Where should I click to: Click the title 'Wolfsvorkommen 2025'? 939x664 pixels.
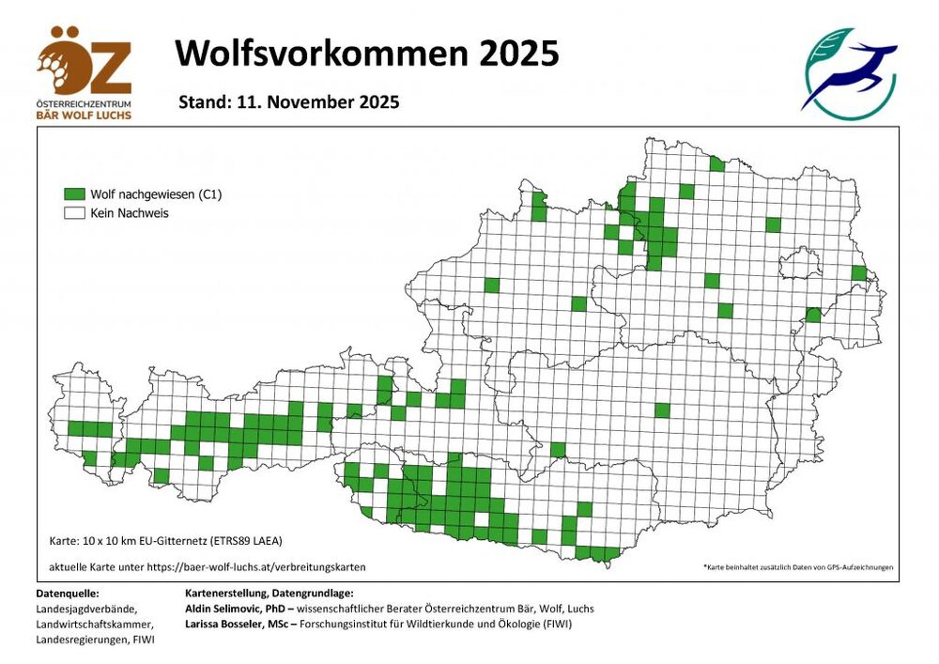367,54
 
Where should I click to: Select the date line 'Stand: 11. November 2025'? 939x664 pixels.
289,101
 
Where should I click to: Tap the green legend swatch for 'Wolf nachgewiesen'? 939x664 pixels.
74,194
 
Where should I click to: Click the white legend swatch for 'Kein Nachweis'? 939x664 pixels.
74,213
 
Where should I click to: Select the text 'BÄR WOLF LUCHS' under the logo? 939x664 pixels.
85,115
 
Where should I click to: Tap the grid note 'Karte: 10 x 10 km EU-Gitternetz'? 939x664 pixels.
165,541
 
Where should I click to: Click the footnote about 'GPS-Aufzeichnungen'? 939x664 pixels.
797,567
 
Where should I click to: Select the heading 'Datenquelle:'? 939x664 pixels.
67,594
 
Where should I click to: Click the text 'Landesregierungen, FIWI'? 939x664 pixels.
95,640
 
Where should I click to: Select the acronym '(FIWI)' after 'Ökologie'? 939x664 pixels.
554,624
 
